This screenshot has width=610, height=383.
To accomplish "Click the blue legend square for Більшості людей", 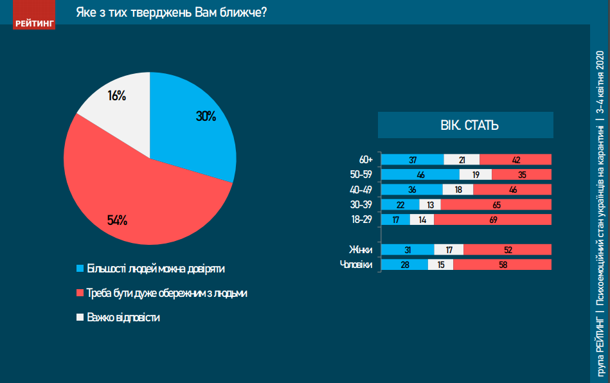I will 80,267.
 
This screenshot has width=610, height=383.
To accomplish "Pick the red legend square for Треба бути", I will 80,292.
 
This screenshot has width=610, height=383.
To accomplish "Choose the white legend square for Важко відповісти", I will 80,317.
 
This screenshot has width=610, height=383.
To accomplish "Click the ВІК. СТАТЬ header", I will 465,125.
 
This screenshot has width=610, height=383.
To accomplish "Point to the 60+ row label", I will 367,159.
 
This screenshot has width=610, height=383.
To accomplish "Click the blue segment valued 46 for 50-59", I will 420,174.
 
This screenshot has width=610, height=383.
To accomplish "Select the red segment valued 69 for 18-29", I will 493,220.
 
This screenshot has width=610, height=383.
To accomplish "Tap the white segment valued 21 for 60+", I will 462,159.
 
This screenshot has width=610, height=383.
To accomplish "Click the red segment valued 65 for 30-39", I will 496,204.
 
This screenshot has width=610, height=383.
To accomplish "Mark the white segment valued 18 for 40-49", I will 458,190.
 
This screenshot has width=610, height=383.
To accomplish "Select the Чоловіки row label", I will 355,264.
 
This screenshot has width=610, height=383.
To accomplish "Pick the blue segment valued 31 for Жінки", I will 408,249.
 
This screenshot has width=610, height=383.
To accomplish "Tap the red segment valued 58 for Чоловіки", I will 502,264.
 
